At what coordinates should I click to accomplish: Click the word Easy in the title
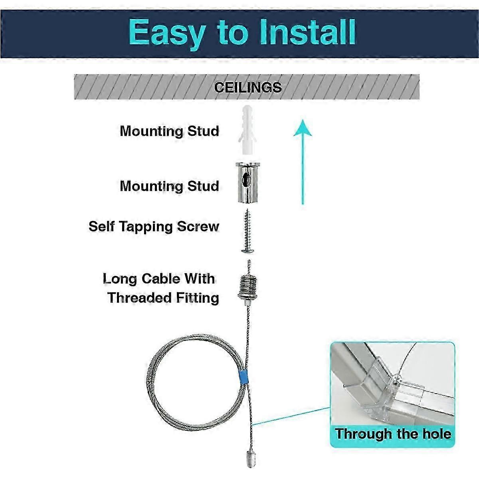click(166, 33)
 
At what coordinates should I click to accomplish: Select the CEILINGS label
click(247, 87)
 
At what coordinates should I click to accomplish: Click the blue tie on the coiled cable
click(242, 377)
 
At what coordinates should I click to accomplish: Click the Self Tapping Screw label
click(154, 226)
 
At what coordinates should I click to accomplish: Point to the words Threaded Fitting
click(163, 297)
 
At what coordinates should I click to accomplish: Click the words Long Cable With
click(159, 278)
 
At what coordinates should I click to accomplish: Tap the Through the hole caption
click(393, 434)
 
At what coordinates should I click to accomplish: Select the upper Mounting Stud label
click(169, 131)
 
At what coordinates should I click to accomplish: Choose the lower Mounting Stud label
click(169, 186)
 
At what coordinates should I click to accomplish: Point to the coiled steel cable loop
click(188, 383)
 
